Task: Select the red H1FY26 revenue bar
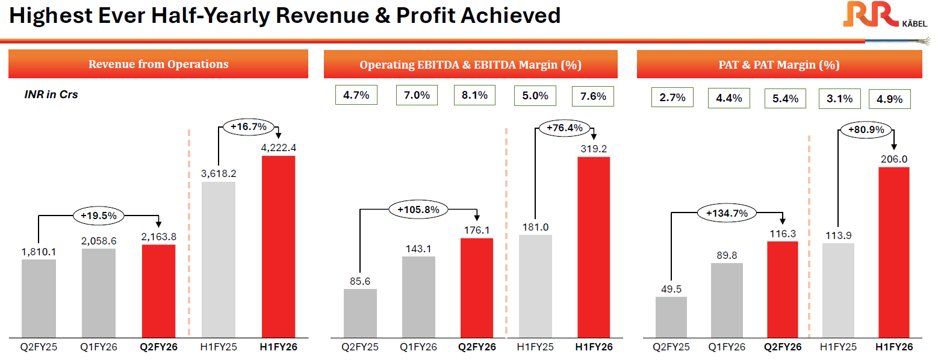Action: click(278, 247)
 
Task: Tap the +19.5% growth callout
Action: click(98, 214)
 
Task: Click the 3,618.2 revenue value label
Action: click(219, 173)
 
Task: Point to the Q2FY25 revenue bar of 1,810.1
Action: click(39, 298)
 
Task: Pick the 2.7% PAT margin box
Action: click(672, 98)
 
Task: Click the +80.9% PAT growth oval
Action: click(861, 129)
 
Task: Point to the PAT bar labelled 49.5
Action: click(671, 317)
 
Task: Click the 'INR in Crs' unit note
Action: click(51, 95)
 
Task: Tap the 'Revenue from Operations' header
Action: click(158, 64)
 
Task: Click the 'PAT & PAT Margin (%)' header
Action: click(779, 65)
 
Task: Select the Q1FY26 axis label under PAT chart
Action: click(727, 347)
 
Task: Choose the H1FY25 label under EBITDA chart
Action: click(535, 347)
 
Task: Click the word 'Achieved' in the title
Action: click(511, 15)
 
